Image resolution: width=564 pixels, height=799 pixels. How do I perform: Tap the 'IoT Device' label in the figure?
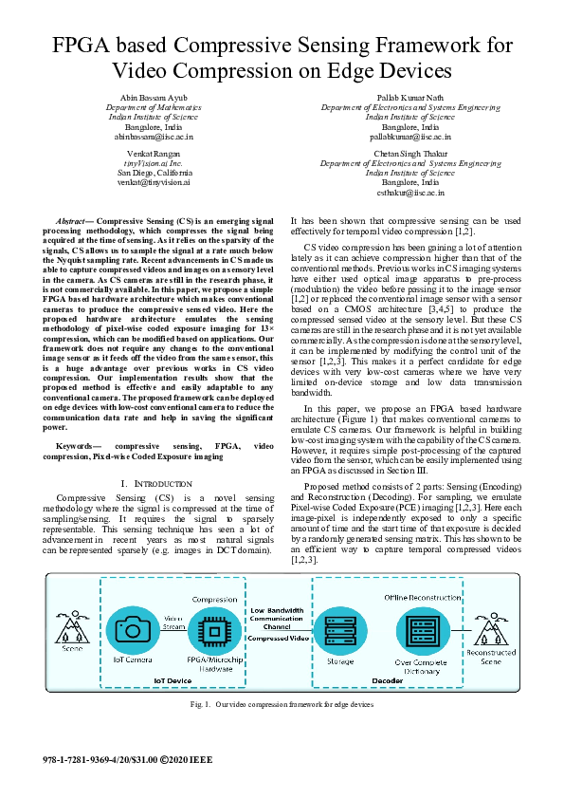pos(173,680)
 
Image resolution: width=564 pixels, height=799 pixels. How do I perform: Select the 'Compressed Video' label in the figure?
pos(277,637)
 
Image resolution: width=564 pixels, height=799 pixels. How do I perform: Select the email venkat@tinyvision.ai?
pos(154,182)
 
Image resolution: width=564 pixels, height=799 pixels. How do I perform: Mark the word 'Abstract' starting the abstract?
pos(72,218)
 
